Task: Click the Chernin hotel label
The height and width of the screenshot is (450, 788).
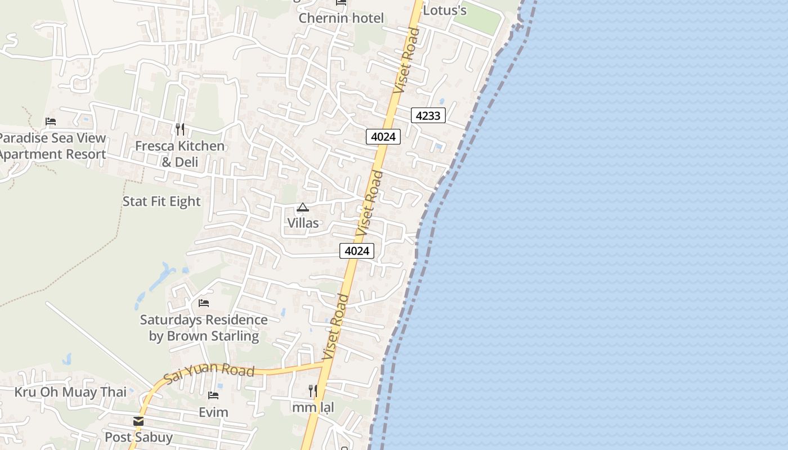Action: (x=341, y=18)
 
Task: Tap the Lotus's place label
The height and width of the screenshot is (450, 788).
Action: (x=445, y=10)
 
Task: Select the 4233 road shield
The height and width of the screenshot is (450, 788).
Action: (x=428, y=115)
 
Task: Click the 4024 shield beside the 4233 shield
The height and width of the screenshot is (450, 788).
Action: (x=383, y=136)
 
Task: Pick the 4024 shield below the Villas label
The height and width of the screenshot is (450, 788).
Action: (x=357, y=251)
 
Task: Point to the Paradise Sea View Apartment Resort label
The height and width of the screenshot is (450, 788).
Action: (x=52, y=146)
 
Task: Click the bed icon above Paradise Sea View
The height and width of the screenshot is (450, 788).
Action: (x=51, y=121)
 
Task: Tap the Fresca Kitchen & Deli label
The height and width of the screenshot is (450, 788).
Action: (x=180, y=154)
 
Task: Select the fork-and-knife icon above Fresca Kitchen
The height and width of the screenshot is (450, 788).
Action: (x=180, y=129)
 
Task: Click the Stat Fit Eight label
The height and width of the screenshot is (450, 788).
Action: (x=162, y=201)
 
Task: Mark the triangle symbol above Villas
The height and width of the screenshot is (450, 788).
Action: (x=303, y=208)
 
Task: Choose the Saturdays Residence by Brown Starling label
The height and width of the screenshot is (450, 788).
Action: (x=204, y=328)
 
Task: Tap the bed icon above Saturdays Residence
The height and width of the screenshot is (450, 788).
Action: (x=204, y=303)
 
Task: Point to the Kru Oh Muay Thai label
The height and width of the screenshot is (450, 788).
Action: (x=70, y=392)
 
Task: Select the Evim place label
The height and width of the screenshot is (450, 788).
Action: (x=213, y=412)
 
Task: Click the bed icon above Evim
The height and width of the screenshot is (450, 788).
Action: (x=213, y=395)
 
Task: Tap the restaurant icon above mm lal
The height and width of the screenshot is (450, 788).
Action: (x=313, y=390)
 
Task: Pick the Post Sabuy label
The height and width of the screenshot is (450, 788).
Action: (x=138, y=437)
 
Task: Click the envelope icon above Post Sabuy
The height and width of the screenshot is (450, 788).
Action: (x=138, y=421)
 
